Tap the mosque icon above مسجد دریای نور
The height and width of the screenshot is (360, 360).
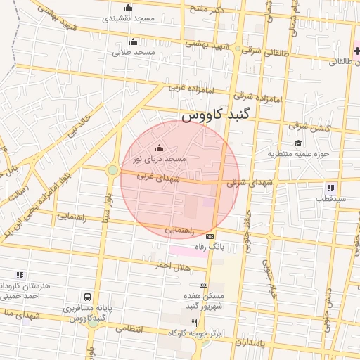tap(158, 148)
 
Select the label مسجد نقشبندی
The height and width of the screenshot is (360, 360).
tap(127, 18)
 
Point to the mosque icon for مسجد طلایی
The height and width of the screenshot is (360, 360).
tap(134, 41)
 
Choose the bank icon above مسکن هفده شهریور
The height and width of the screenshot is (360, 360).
tap(203, 285)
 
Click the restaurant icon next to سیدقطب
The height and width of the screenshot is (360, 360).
tap(330, 188)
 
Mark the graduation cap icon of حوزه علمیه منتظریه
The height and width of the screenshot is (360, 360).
tap(298, 143)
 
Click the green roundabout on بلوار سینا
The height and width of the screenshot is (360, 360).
tap(112, 170)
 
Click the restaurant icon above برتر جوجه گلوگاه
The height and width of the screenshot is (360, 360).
tap(174, 322)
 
